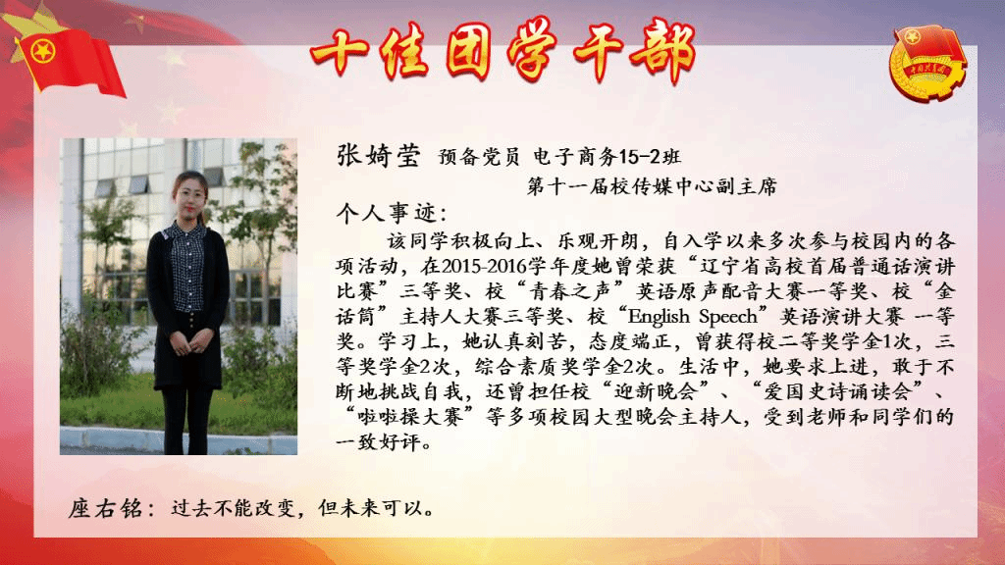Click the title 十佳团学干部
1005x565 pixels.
click(x=503, y=51)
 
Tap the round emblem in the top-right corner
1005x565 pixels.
click(x=927, y=63)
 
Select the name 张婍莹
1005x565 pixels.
click(x=378, y=155)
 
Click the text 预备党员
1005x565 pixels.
click(x=479, y=156)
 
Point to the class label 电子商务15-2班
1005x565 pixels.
click(x=607, y=156)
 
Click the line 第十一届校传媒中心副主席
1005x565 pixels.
click(x=652, y=186)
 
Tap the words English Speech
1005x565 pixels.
click(x=692, y=317)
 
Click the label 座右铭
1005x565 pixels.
click(x=105, y=509)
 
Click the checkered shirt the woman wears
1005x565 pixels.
click(x=187, y=266)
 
